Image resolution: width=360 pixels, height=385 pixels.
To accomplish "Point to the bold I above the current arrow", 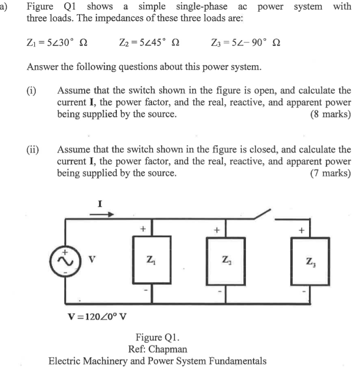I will (x=100, y=203).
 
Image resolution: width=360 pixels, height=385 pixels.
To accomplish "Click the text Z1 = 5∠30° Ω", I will (x=57, y=42).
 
